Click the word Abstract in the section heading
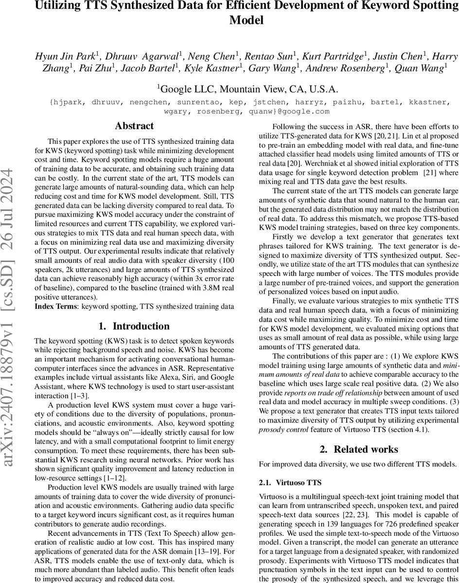[x=134, y=126]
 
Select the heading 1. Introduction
[x=134, y=326]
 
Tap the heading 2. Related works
[x=359, y=449]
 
